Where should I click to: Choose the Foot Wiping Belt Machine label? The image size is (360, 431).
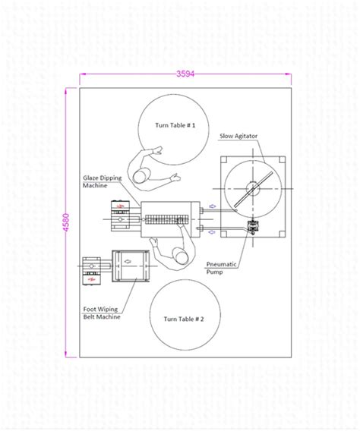pos(102,313)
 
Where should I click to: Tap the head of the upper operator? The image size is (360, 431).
pos(141,178)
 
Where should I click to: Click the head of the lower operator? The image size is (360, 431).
pos(179,256)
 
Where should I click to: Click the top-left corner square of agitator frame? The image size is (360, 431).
pos(226,162)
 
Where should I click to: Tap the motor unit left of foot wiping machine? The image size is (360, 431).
pos(90,269)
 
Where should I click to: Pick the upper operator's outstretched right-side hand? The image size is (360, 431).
pos(178,178)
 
